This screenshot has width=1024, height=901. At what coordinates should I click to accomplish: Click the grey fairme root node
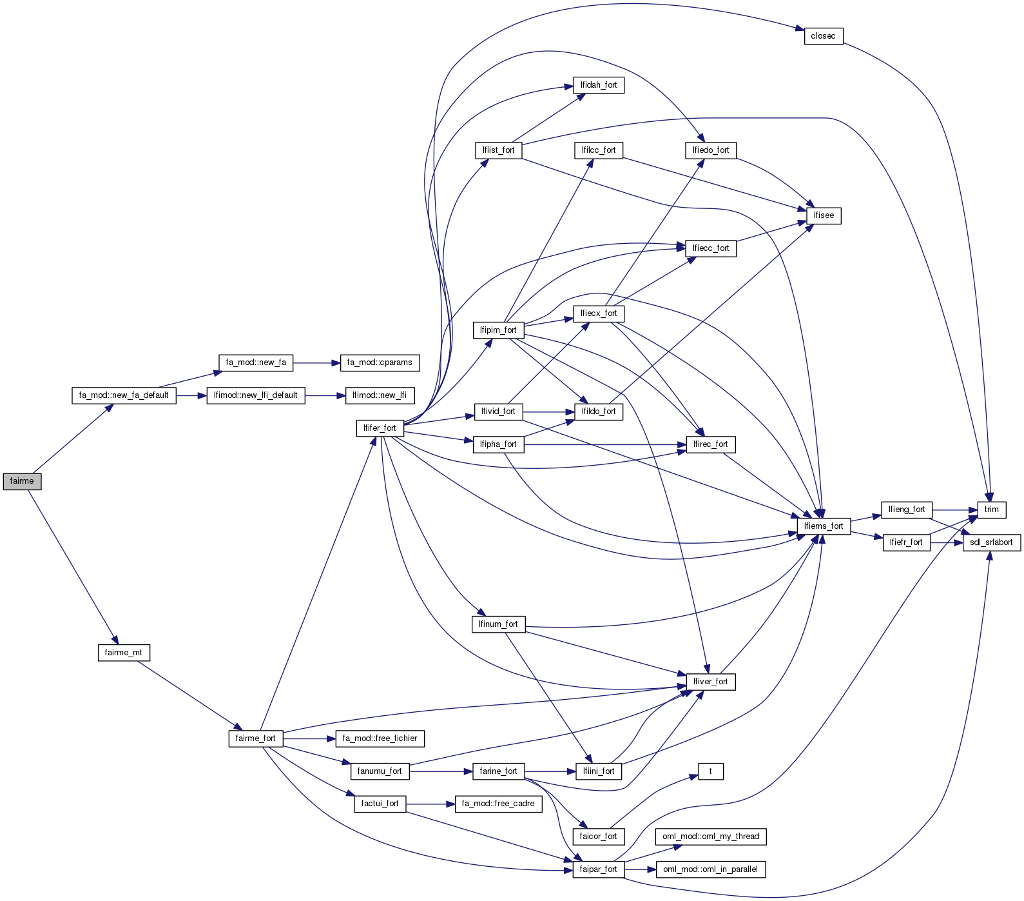click(22, 481)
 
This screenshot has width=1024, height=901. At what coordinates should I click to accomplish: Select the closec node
click(823, 36)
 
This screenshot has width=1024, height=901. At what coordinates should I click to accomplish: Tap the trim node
click(991, 510)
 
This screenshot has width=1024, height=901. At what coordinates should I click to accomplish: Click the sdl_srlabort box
click(991, 542)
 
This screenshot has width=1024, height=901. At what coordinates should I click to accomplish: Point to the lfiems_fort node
click(823, 526)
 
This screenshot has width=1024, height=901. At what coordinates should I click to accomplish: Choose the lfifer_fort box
click(380, 428)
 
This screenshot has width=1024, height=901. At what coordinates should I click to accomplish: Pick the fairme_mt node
click(123, 653)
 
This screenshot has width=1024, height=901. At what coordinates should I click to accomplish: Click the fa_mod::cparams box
click(380, 362)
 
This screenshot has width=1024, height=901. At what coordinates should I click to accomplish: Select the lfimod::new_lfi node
click(380, 395)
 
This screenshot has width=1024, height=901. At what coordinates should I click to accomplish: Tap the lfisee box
click(823, 215)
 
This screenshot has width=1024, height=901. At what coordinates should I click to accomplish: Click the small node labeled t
click(710, 771)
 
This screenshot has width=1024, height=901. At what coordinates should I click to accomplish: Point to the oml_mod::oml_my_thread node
click(710, 837)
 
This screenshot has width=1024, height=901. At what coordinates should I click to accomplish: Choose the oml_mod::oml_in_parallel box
click(710, 869)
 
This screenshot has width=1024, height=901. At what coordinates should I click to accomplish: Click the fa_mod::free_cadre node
click(498, 804)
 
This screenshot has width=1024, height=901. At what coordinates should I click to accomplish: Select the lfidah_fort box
click(598, 85)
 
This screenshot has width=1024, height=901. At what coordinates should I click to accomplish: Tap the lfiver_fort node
click(710, 682)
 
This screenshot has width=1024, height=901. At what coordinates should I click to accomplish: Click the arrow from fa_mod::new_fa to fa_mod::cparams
click(316, 363)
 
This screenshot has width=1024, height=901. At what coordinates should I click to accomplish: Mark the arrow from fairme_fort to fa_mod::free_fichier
click(309, 738)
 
